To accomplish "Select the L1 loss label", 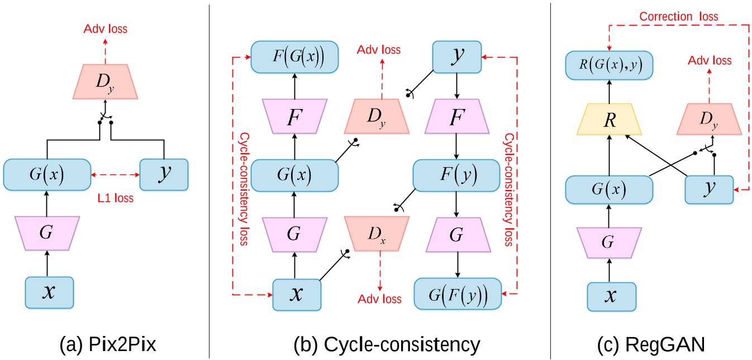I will pos(114,198).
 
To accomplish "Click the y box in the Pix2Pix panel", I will pos(164,175).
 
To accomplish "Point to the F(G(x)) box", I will pos(295,57).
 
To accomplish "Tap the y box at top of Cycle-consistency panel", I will pos(458,57).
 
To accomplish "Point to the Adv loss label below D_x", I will pos(380,299).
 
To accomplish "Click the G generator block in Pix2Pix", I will pos(47,232).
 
